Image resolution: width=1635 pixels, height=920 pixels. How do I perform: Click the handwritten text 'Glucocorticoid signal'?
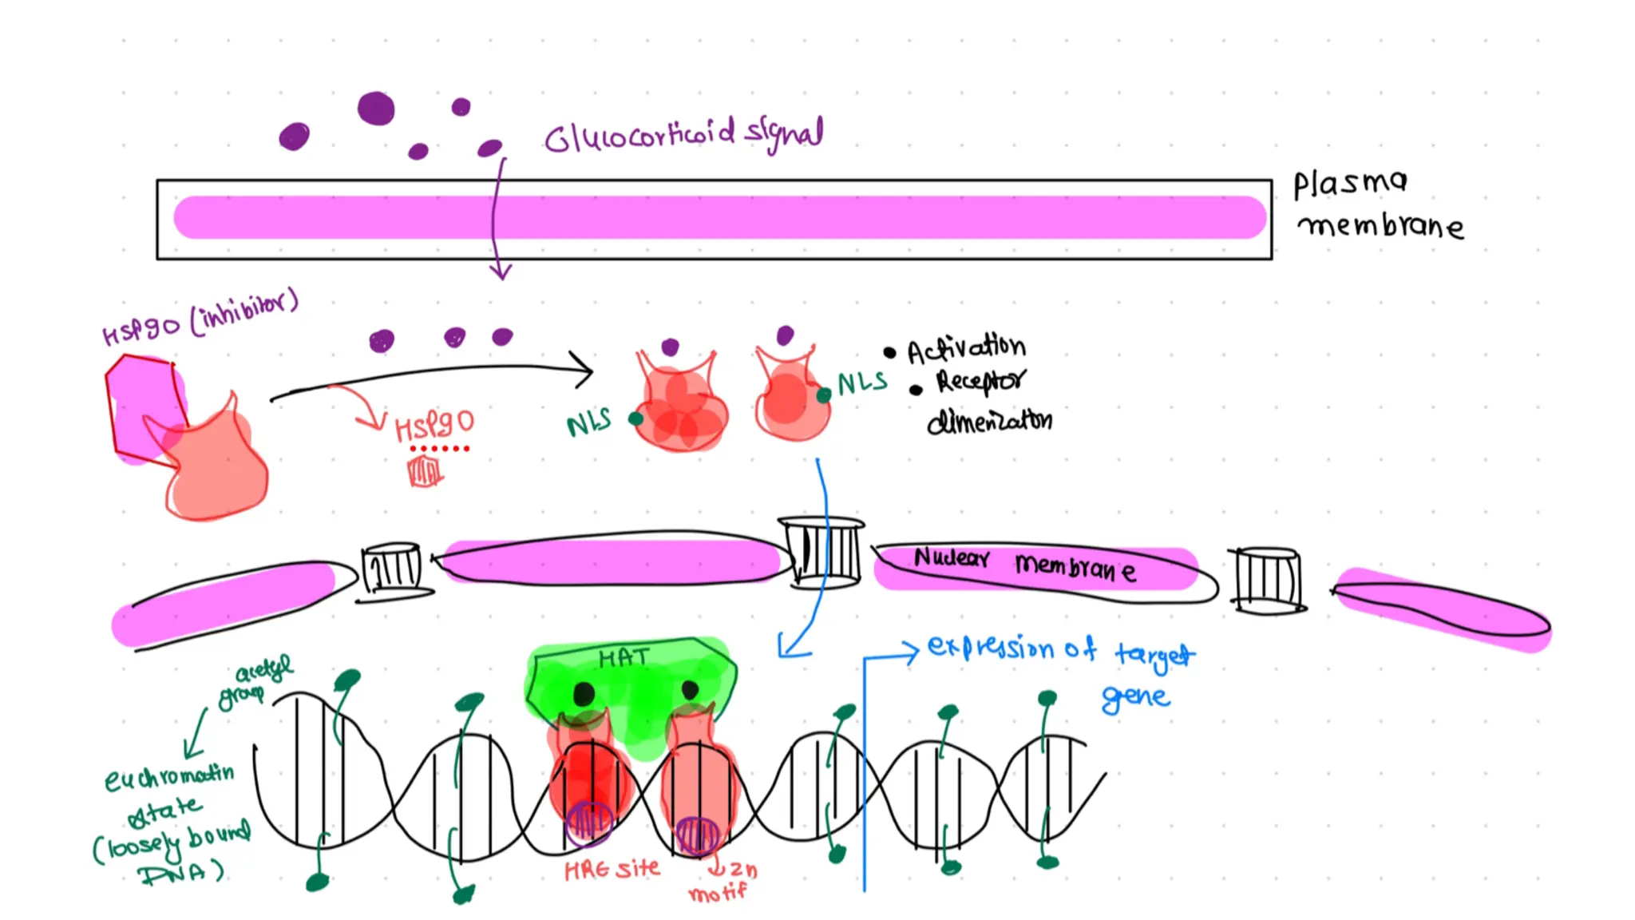coord(683,136)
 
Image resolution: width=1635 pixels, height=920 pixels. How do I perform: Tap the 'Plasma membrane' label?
coord(1377,205)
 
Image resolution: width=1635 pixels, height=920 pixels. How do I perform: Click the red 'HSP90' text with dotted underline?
coord(434,426)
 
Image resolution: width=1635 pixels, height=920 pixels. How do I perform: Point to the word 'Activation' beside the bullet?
coord(966,348)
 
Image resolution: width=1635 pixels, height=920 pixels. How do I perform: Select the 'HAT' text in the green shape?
coord(624,657)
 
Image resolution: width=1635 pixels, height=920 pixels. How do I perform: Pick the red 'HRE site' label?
coord(612,869)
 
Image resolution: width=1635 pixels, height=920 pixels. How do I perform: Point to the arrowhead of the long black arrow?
coord(587,370)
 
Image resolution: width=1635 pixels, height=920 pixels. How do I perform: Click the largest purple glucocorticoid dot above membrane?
coord(376,109)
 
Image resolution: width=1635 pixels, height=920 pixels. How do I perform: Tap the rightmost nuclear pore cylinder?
coord(1267,579)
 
